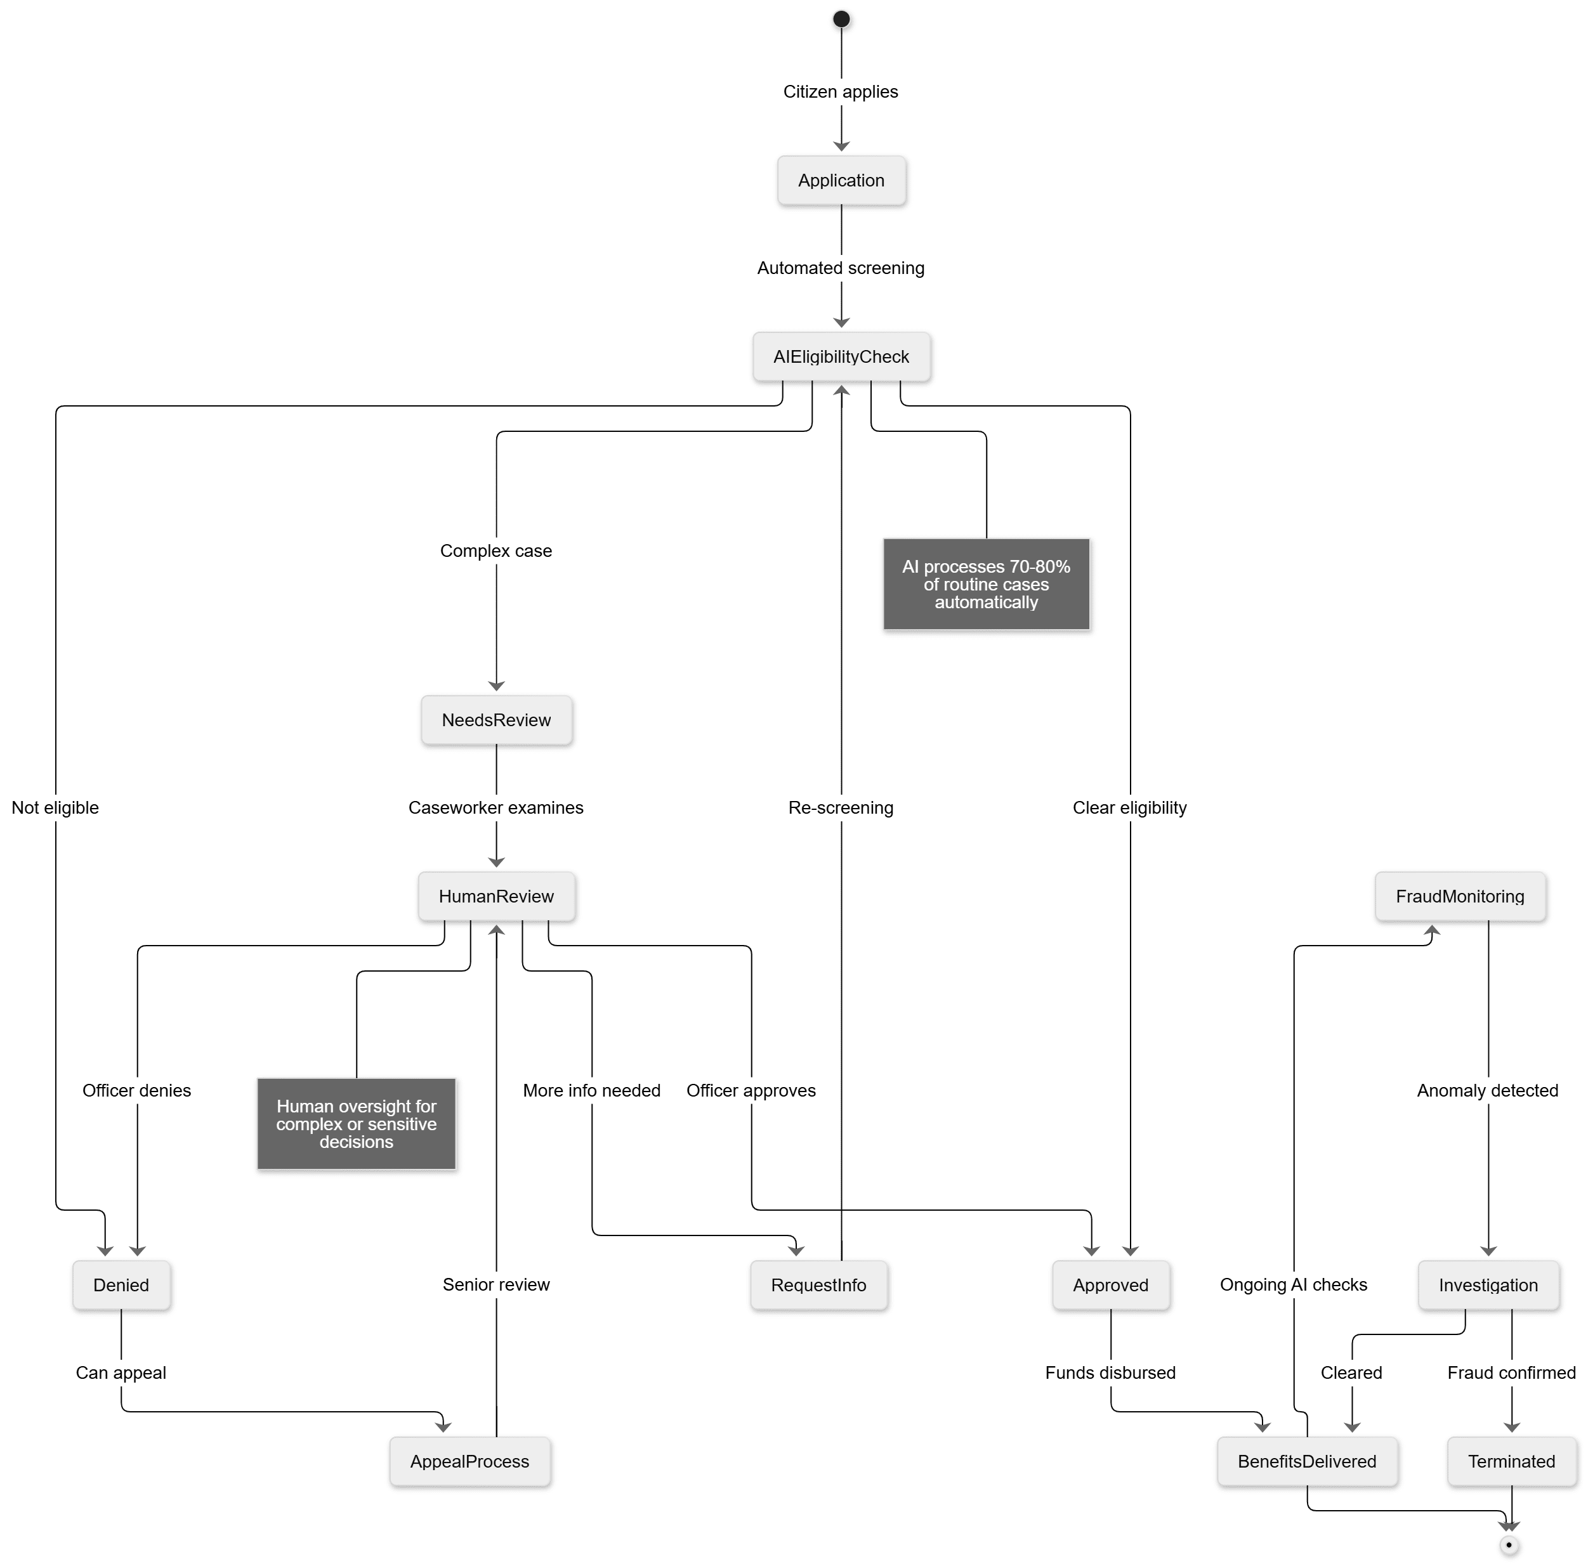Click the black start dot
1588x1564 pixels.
coord(841,19)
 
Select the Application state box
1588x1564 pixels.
coord(841,181)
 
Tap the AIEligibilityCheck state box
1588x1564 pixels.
coord(841,356)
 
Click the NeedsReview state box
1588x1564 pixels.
coord(496,720)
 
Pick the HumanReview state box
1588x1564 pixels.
coord(496,896)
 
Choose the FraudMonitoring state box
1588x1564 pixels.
coord(1460,896)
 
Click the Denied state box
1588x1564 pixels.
coord(121,1285)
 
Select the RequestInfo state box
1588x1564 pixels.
coord(818,1285)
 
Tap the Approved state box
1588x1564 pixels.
coord(1111,1285)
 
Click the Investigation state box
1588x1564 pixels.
coord(1488,1285)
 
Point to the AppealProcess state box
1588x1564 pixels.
coord(470,1461)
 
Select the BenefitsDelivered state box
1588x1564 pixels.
coord(1307,1461)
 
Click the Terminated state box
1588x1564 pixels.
coord(1512,1461)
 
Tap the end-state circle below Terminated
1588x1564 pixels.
coord(1509,1545)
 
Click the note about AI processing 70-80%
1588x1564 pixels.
coord(986,584)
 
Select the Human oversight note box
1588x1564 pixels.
coord(357,1124)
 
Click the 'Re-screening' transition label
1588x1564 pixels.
coord(841,807)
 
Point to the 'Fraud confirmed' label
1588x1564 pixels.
coord(1512,1372)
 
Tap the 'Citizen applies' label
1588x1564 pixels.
coord(841,92)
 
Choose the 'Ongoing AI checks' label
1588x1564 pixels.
coord(1293,1285)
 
